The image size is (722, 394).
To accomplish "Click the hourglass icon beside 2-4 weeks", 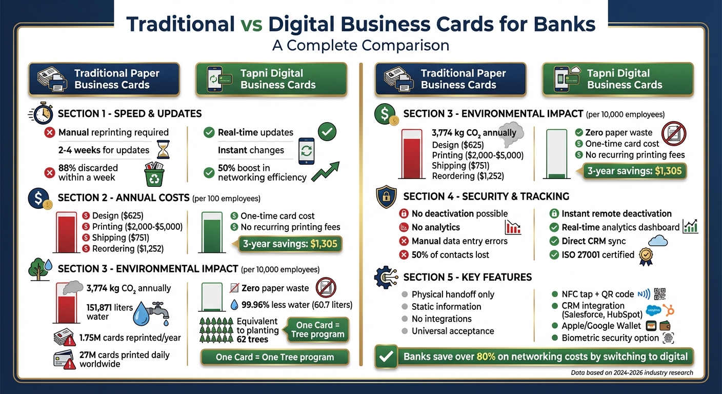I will [163, 149].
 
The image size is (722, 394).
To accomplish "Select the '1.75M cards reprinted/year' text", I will [130, 338].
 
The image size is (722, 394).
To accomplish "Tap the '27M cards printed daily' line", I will [124, 354].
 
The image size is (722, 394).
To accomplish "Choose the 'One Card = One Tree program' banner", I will [274, 357].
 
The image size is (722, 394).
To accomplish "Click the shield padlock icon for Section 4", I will [386, 196].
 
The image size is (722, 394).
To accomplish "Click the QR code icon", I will [661, 294].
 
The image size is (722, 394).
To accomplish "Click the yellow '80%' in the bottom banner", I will [486, 357].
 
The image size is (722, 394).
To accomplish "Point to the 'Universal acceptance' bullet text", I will [453, 331].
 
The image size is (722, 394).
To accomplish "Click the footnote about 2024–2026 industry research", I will [632, 373].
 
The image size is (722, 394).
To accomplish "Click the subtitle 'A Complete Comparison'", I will [360, 45].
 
